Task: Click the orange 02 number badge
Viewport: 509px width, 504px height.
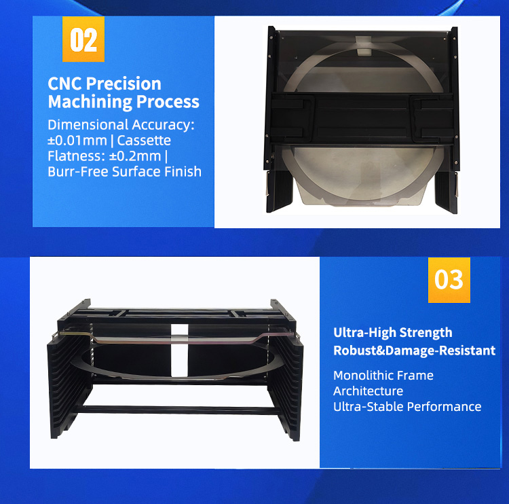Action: pyautogui.click(x=83, y=40)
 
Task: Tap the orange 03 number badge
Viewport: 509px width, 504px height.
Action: pyautogui.click(x=449, y=279)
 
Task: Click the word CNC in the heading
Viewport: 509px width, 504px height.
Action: pyautogui.click(x=65, y=84)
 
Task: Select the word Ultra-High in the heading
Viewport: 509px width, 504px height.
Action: pyautogui.click(x=364, y=333)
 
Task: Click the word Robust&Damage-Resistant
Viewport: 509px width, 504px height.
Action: pyautogui.click(x=414, y=350)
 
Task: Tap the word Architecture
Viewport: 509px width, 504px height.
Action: pyautogui.click(x=368, y=391)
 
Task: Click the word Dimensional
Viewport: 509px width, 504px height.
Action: pyautogui.click(x=88, y=125)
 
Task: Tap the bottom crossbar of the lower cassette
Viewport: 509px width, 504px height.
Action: pyautogui.click(x=180, y=410)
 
